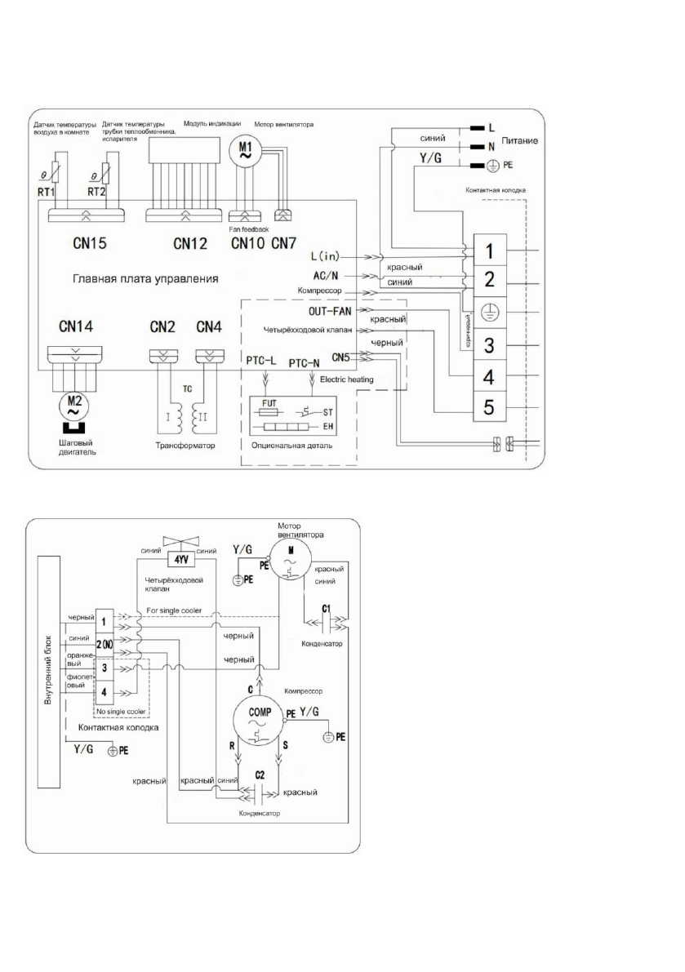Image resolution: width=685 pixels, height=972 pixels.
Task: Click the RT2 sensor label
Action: (x=99, y=193)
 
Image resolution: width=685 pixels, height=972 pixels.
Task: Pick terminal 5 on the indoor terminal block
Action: (x=487, y=406)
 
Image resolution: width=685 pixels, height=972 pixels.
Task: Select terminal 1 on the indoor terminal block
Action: (x=487, y=247)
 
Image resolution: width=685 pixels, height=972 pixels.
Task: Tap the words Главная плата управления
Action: (x=146, y=279)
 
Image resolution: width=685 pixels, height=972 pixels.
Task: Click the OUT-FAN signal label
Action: (x=330, y=310)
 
